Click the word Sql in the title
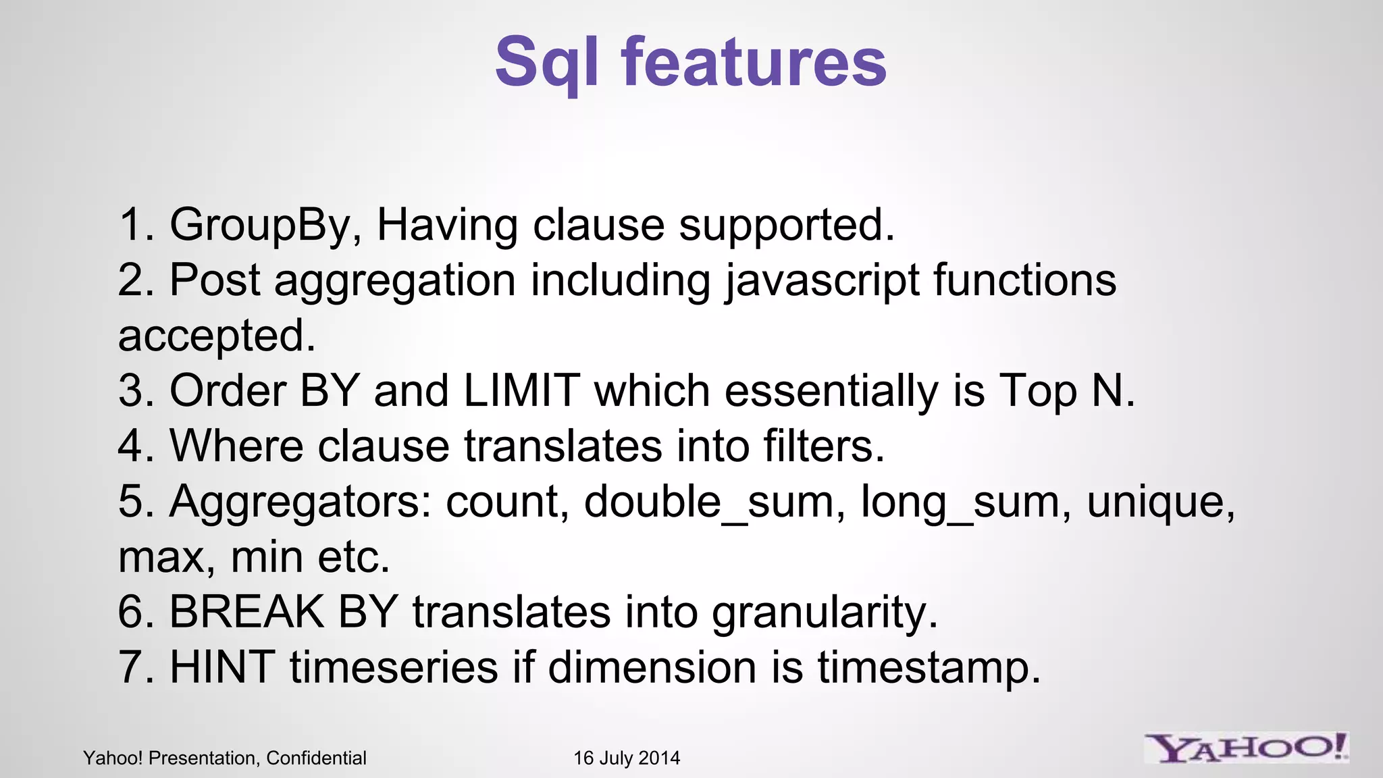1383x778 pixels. [x=546, y=62]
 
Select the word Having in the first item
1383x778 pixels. [x=446, y=225]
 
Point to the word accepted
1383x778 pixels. [x=216, y=336]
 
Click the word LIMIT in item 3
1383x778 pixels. [x=521, y=391]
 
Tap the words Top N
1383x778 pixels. [x=1066, y=391]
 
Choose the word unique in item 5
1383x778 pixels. [x=1160, y=502]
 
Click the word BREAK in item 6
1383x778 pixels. [x=246, y=613]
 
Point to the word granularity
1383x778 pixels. [x=825, y=613]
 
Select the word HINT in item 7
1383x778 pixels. [x=222, y=667]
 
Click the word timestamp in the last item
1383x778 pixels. [x=929, y=667]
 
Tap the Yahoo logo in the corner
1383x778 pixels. [x=1246, y=748]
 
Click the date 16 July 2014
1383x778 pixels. [x=627, y=758]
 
